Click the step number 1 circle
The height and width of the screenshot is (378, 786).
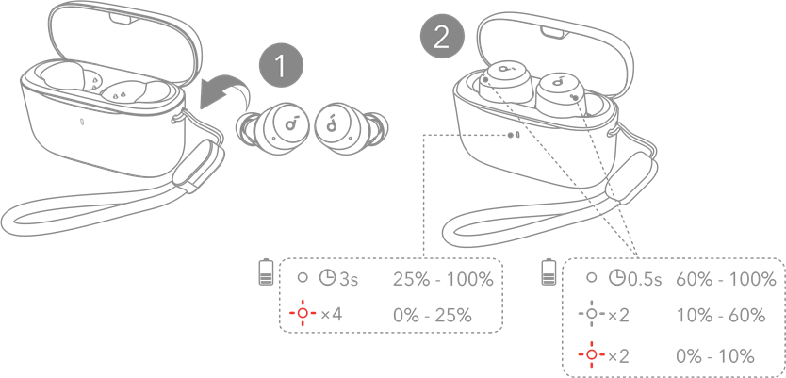click(x=279, y=66)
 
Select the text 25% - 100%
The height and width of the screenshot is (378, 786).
click(x=441, y=280)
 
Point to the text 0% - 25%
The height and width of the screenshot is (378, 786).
click(x=433, y=313)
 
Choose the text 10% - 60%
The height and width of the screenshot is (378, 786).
click(x=721, y=315)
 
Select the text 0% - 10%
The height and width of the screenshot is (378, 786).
click(x=715, y=355)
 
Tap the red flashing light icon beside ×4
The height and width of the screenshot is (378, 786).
click(x=303, y=313)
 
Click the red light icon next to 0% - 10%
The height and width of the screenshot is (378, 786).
click(x=592, y=354)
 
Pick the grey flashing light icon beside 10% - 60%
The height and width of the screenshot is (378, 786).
click(x=592, y=314)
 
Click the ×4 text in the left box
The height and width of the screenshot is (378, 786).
click(x=330, y=313)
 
